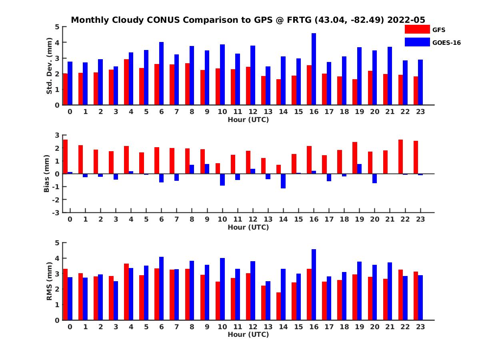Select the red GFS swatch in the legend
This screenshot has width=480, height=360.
[x=417, y=30]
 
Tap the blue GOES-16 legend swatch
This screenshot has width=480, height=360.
[x=417, y=42]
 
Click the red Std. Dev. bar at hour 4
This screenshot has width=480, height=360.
[x=126, y=82]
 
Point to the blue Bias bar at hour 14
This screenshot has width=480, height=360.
[x=283, y=181]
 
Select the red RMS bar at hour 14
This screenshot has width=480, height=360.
[x=278, y=306]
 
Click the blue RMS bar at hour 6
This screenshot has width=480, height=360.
[x=161, y=288]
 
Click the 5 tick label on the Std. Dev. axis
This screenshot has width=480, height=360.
[x=58, y=27]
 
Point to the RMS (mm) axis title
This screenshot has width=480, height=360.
[x=50, y=281]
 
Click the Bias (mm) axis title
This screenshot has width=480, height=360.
[x=46, y=174]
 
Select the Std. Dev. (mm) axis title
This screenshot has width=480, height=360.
[x=50, y=66]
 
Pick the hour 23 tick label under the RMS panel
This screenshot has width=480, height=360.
[x=420, y=327]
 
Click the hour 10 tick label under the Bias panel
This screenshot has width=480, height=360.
[x=222, y=220]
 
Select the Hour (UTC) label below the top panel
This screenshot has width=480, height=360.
[x=248, y=120]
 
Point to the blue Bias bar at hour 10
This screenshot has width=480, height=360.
[x=222, y=180]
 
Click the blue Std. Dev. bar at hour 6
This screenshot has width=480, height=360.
[x=161, y=74]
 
